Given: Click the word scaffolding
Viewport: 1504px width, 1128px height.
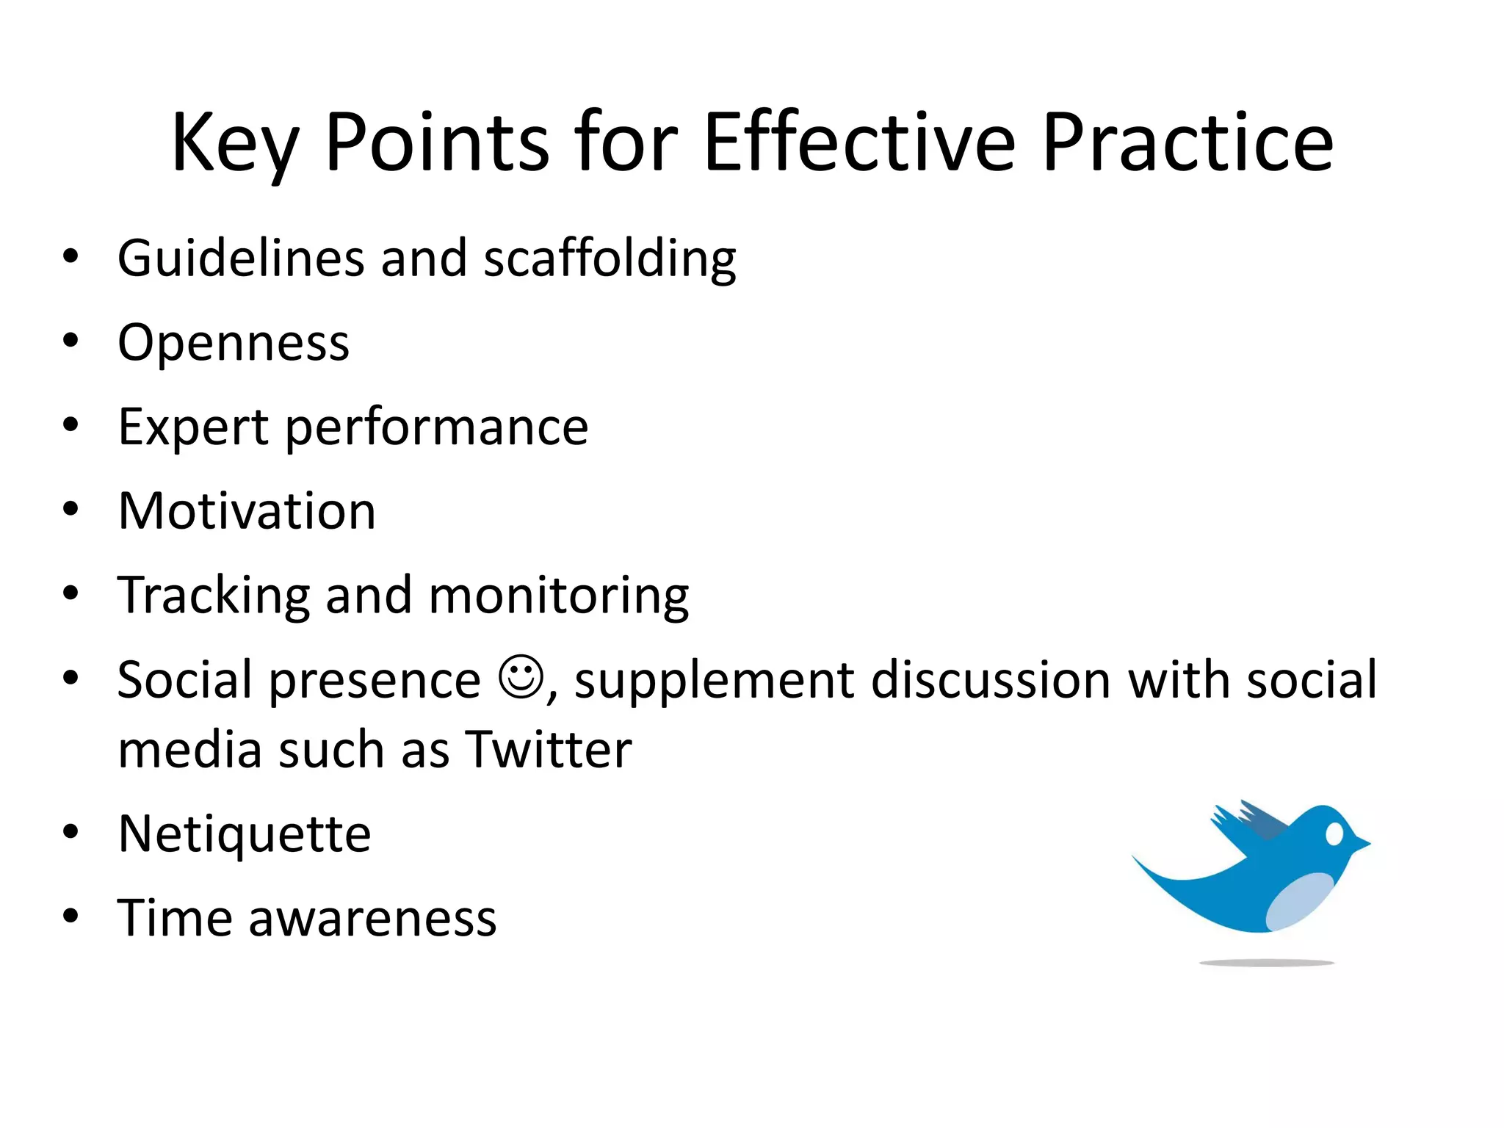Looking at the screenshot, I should pos(610,258).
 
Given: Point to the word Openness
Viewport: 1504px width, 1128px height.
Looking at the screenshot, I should pos(234,344).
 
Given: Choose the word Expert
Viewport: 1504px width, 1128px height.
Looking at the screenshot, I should pos(193,428).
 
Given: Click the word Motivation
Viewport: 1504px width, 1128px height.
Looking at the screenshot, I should pos(247,511).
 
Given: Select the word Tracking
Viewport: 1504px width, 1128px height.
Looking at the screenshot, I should pos(214,596).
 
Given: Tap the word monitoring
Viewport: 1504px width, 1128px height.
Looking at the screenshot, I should pos(558,596).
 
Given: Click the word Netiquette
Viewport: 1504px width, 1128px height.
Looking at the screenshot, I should pos(245,834).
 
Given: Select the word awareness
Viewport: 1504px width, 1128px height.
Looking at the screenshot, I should pos(372,919).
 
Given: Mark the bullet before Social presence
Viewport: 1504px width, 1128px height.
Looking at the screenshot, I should pos(70,677).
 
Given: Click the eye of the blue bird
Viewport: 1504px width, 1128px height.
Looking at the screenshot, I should pos(1334,834).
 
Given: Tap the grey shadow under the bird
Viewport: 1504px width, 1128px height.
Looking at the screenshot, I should pos(1266,962).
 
